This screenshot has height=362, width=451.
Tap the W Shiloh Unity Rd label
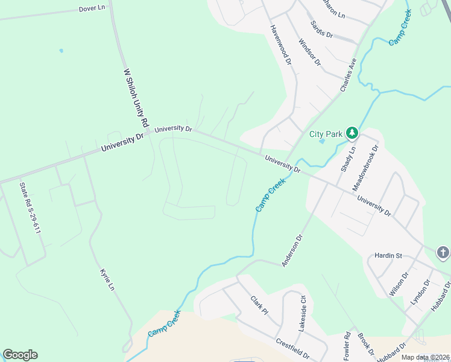coord(136,97)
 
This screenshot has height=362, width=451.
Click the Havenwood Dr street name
coord(281,45)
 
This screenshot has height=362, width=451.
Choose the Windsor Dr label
coord(310,52)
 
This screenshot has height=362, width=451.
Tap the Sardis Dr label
coord(321,28)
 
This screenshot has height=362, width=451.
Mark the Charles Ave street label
coord(348,75)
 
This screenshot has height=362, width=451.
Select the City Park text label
coord(326,134)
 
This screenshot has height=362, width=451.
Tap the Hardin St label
coord(388,256)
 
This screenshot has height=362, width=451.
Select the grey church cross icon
coord(443,253)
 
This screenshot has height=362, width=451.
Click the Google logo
coord(20,355)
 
